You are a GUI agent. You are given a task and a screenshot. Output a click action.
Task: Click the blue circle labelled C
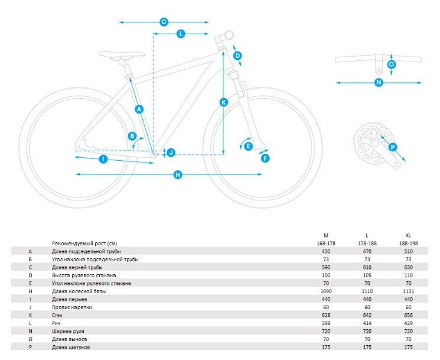coord(164,22)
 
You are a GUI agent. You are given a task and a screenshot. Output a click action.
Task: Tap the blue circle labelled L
coord(181,34)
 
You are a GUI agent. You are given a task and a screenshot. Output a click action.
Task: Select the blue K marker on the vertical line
coord(224,102)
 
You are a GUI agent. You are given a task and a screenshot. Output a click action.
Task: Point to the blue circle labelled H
coord(178,174)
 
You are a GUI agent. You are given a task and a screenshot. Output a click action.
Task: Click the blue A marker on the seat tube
coord(139,109)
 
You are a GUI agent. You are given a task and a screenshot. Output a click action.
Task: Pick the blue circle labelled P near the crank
coord(393,147)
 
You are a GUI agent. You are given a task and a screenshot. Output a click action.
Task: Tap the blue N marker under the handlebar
coord(379,82)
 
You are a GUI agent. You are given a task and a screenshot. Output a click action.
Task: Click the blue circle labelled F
coord(265,158)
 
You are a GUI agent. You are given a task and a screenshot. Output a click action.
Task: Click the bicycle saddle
coord(122,55)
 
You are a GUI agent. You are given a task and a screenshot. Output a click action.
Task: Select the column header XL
coord(408,235)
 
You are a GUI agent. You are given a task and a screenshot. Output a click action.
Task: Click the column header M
coord(326,235)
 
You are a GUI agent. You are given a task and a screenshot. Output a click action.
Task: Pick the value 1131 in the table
coord(408,291)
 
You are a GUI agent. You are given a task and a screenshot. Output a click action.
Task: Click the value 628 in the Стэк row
coord(326,315)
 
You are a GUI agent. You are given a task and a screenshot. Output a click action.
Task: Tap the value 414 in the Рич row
coord(367,323)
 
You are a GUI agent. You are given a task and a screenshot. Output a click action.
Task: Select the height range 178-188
coord(367,243)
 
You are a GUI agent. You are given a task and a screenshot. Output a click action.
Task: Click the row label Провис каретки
coord(72,307)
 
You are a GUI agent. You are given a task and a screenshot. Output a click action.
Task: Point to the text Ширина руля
coord(68,332)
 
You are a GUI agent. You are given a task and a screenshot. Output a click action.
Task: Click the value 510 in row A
coord(408,251)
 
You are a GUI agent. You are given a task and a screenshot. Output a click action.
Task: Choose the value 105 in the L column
coord(367,275)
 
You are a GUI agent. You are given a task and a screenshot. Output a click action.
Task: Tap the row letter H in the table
coord(30,291)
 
